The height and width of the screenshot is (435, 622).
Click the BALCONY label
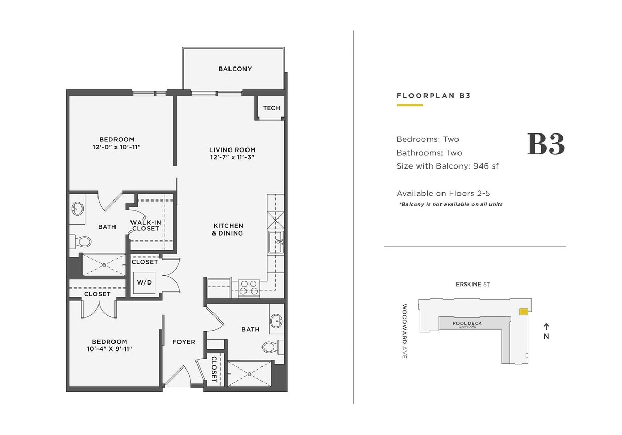[x=235, y=69]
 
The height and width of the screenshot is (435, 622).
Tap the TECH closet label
[x=271, y=108]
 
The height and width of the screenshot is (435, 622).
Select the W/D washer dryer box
[x=145, y=282]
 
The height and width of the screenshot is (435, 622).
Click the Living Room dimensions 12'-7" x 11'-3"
[x=233, y=157]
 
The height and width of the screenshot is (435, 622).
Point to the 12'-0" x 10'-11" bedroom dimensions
[x=117, y=147]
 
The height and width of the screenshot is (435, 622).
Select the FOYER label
[x=184, y=342]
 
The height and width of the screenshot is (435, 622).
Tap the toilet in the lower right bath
[x=269, y=347]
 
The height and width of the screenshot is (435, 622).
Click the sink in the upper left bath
[x=77, y=209]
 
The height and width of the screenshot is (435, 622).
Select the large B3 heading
[x=546, y=144]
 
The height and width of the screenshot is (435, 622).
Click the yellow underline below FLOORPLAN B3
[x=410, y=105]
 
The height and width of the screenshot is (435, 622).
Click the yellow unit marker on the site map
[x=523, y=312]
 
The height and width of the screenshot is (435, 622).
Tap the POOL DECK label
[x=467, y=324]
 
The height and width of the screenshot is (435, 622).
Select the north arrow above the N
[x=546, y=326]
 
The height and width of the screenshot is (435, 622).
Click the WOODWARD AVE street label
[x=405, y=331]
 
